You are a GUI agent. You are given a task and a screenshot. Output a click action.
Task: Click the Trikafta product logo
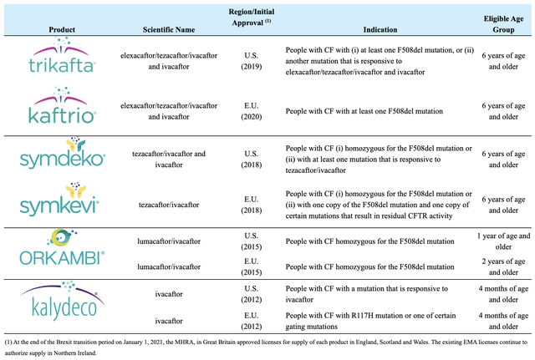(62, 55)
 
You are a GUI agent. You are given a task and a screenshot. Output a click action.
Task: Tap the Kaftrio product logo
(62, 105)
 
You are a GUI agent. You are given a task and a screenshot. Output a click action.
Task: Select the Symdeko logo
(63, 153)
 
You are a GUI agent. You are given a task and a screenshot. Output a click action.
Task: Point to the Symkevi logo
(59, 199)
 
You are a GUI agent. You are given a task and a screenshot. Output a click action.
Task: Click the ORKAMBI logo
(62, 247)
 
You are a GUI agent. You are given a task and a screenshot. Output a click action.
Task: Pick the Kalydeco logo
(63, 301)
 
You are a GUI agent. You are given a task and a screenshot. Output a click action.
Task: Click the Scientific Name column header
(169, 30)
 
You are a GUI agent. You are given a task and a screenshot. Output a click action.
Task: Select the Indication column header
(380, 30)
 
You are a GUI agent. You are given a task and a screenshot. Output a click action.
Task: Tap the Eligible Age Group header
(503, 24)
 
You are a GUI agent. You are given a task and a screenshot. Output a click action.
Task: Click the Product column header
(62, 30)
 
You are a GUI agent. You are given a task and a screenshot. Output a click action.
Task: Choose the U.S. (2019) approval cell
(252, 61)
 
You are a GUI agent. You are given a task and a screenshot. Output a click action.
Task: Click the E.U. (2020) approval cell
(252, 111)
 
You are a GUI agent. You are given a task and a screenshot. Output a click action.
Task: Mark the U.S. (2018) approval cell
(252, 160)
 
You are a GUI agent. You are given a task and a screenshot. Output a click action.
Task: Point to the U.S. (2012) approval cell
(252, 294)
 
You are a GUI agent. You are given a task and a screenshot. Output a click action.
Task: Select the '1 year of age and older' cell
(503, 241)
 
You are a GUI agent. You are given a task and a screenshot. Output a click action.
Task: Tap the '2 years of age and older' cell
(503, 266)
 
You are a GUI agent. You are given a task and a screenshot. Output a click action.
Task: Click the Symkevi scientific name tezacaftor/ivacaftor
(169, 205)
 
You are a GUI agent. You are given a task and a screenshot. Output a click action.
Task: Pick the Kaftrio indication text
(364, 111)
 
